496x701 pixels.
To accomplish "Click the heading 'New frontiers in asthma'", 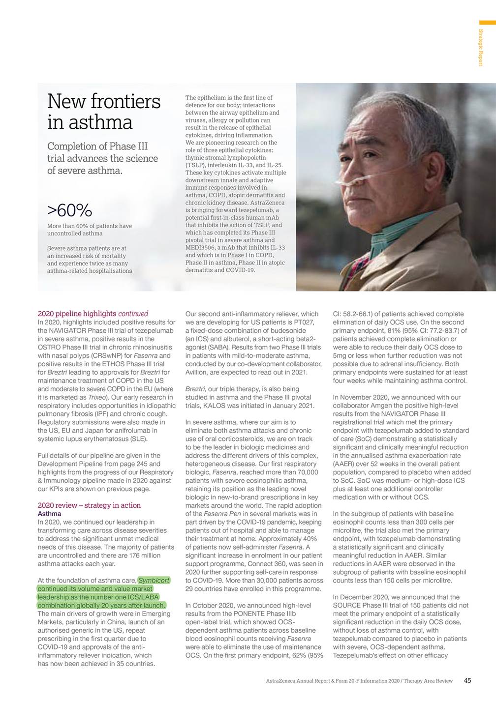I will click(103, 112).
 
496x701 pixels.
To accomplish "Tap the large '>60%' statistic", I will click(69, 210).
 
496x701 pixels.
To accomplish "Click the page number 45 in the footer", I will click(467, 681).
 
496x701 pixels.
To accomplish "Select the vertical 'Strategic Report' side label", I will click(481, 47).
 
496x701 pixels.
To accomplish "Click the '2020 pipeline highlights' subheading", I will click(77, 314).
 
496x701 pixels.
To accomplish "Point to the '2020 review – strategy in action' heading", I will click(89, 505).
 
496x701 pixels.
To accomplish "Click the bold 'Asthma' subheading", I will click(49, 514).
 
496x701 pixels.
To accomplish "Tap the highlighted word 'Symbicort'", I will click(154, 581).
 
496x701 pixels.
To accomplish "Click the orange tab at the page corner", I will click(487, 23).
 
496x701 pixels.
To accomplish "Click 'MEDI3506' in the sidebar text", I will click(198, 248).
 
